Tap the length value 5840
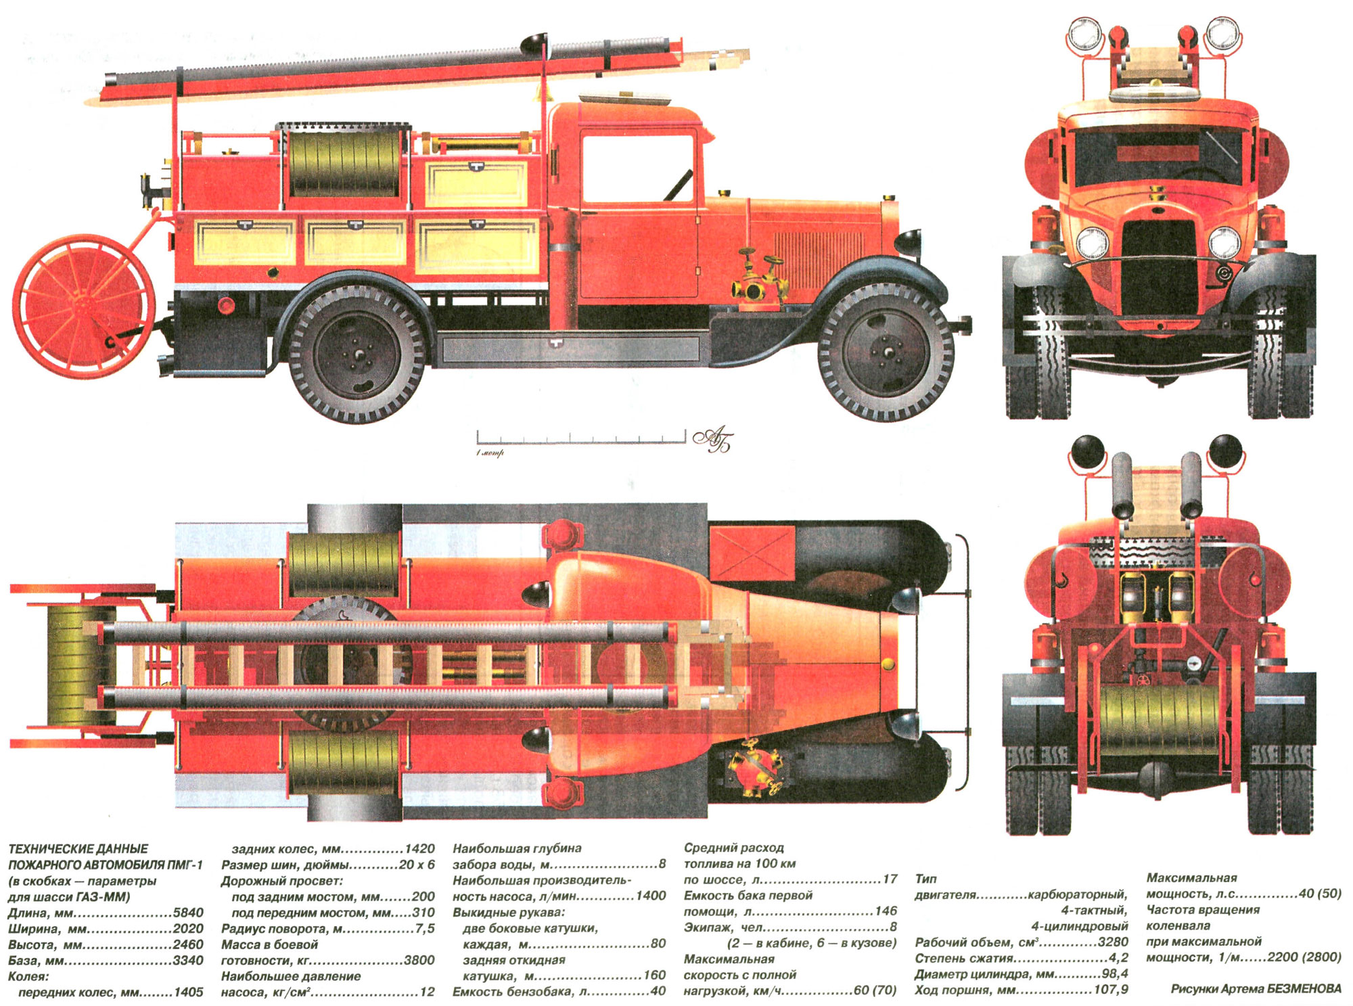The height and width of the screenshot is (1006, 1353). coord(188,913)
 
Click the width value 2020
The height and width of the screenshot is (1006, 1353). coord(188,929)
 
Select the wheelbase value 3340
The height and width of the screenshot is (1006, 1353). coord(188,961)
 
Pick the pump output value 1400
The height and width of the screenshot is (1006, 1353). coord(651,896)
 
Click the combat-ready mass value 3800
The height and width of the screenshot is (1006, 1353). coord(419,961)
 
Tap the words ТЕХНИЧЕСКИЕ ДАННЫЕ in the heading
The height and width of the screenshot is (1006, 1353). coord(78,849)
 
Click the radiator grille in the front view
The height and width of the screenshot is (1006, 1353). coord(1158,271)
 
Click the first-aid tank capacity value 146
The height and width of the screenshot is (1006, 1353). coord(885,911)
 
